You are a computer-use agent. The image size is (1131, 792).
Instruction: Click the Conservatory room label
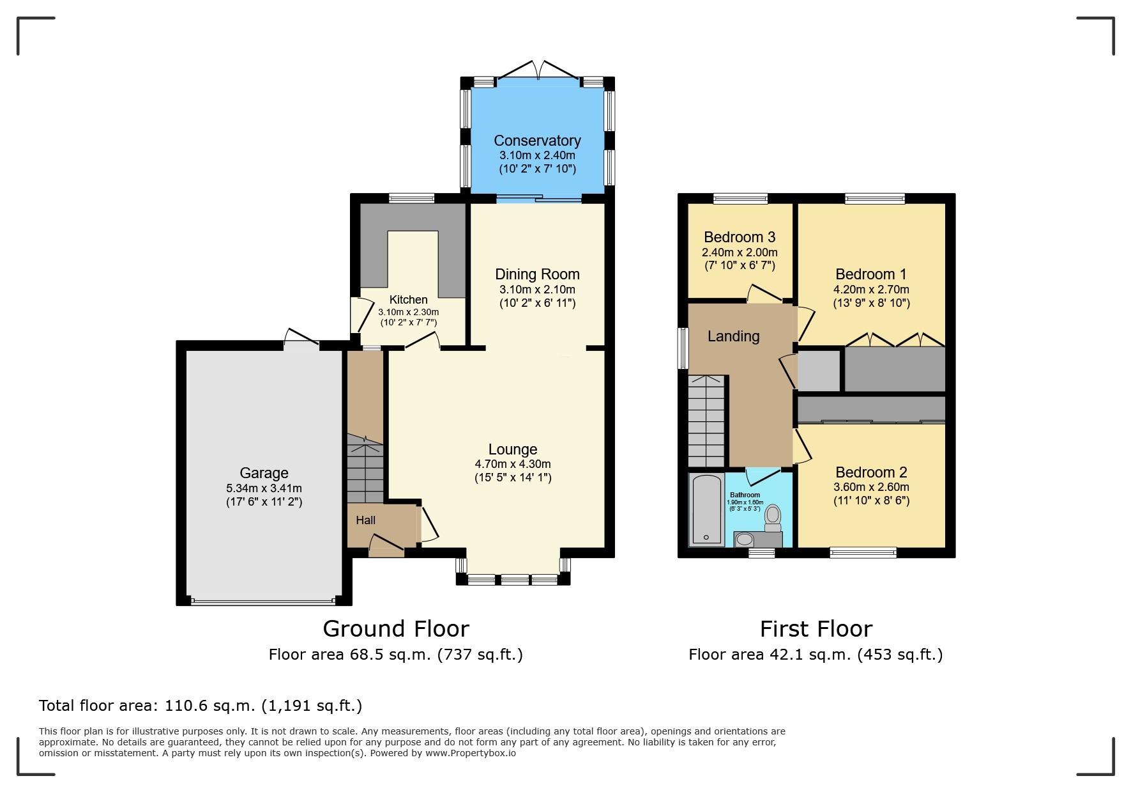point(537,141)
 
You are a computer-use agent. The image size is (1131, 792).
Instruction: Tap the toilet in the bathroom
point(773,518)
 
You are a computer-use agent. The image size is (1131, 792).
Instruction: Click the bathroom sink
point(744,540)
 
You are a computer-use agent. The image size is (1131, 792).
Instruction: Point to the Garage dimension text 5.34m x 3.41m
point(264,488)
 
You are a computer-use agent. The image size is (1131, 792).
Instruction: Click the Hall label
point(365,520)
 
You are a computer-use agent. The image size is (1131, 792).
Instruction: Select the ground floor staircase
point(365,470)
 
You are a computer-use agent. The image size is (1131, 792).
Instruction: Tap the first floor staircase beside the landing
point(706,422)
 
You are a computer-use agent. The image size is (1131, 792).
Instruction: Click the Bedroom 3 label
point(740,237)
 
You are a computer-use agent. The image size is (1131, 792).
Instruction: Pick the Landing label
point(733,336)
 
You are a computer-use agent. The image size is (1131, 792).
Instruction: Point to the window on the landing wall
point(683,348)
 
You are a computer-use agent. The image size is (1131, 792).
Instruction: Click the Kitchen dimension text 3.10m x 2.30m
point(409,312)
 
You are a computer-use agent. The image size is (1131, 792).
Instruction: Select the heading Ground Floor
point(396,629)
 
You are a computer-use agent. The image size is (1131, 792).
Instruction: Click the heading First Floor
point(816,629)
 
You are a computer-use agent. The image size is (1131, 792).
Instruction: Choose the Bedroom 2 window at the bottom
point(863,553)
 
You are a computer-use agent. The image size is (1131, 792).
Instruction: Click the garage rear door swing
point(301,337)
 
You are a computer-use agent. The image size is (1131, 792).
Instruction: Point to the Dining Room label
point(537,274)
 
